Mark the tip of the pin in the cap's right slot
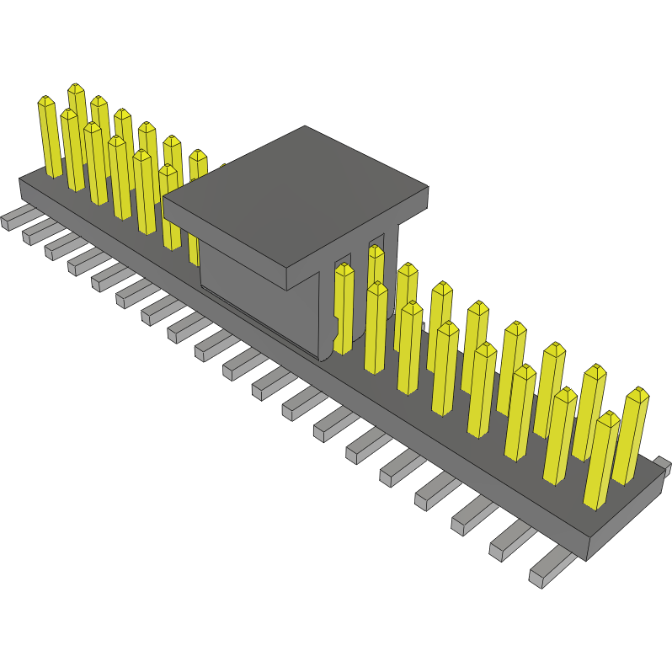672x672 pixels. pyautogui.click(x=376, y=251)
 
